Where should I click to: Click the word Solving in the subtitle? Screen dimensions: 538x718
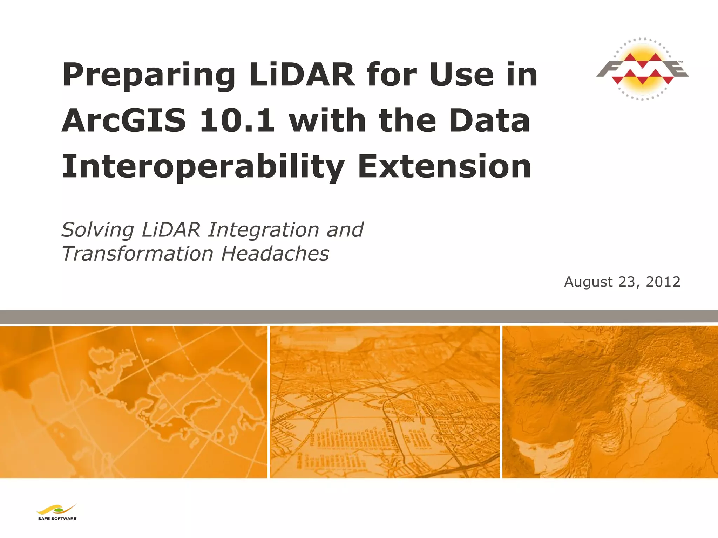(97, 230)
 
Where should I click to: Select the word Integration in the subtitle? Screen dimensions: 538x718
(263, 230)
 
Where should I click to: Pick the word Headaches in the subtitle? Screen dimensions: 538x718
(276, 254)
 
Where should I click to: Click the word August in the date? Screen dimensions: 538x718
(589, 282)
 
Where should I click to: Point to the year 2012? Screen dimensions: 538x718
(663, 282)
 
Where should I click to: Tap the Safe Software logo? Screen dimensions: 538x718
(57, 512)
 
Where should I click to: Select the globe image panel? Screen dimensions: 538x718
(133, 402)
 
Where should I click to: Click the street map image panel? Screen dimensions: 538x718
(385, 402)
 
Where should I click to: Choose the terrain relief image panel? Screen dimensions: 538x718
(610, 402)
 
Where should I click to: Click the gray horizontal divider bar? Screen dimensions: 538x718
(359, 317)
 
